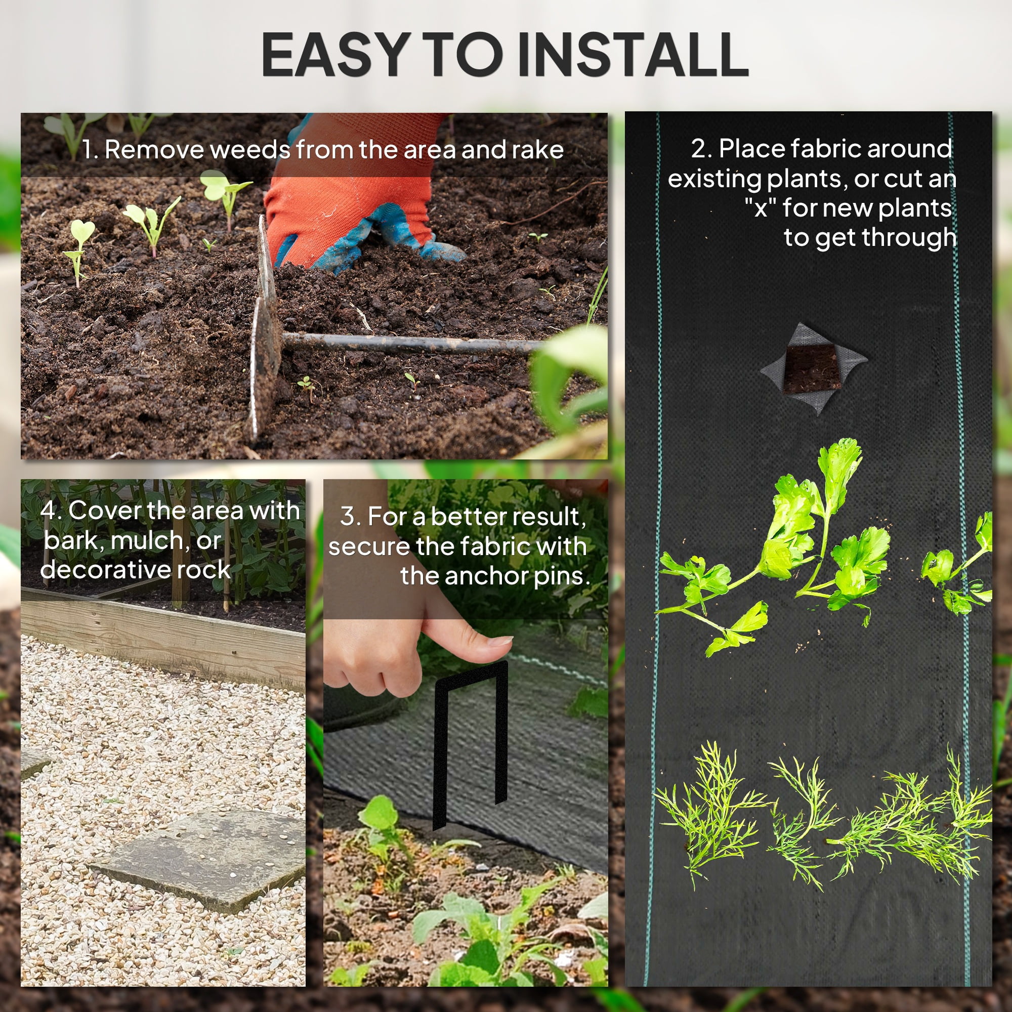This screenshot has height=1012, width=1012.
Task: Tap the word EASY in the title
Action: click(x=336, y=54)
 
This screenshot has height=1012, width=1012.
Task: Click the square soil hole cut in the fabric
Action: click(x=813, y=368)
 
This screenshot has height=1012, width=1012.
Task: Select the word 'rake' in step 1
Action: click(x=537, y=150)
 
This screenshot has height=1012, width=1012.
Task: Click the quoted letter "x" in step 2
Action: click(x=761, y=207)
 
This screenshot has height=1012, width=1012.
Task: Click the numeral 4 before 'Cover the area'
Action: click(x=49, y=510)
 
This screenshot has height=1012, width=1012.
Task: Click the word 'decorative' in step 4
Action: click(x=105, y=569)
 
